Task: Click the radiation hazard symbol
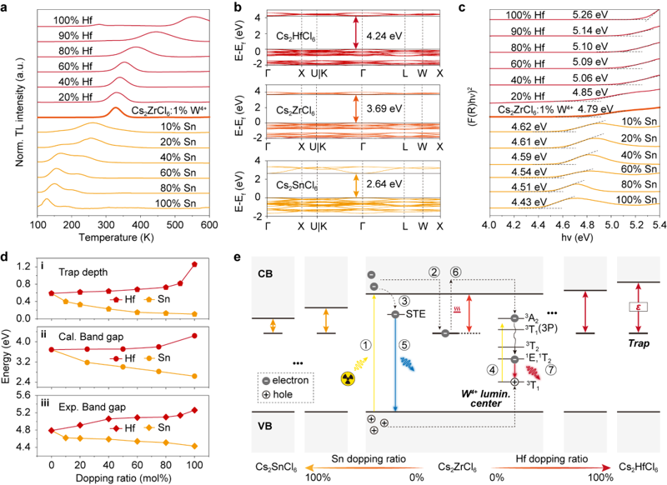(x=349, y=378)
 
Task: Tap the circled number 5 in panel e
(x=404, y=345)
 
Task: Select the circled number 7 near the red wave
(x=551, y=370)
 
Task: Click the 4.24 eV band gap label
(x=384, y=36)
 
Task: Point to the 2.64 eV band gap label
(x=384, y=183)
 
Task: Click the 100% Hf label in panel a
(x=73, y=20)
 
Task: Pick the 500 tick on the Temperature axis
(x=175, y=225)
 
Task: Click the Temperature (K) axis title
(x=116, y=237)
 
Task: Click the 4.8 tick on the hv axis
(x=587, y=224)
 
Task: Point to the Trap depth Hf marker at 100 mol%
(x=195, y=264)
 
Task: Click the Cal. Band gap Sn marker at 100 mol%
(x=195, y=376)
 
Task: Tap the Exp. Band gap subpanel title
(x=93, y=407)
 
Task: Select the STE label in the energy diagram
(x=415, y=314)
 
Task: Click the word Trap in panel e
(x=639, y=343)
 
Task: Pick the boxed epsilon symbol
(x=638, y=307)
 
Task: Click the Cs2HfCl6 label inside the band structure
(x=297, y=36)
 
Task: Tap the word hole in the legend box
(x=283, y=394)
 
